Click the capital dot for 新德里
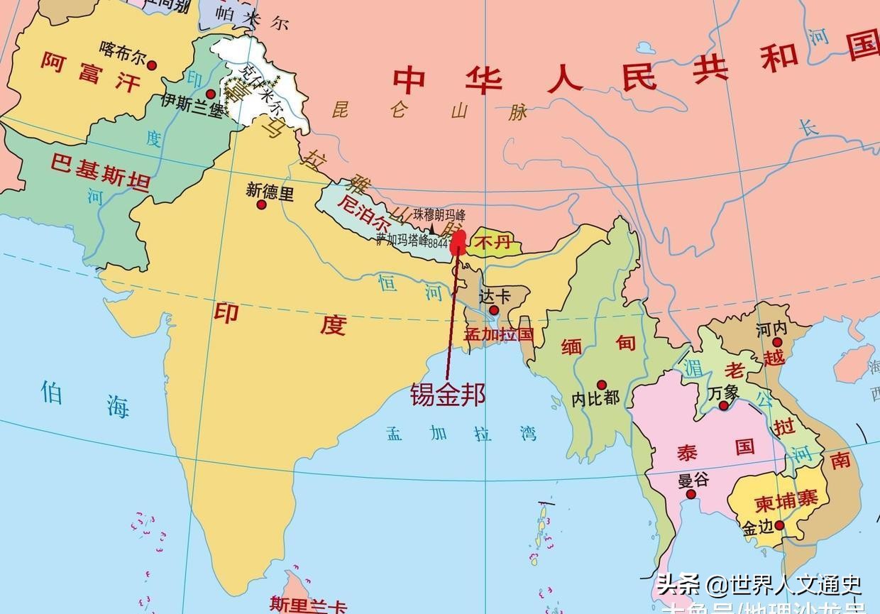click(x=261, y=205)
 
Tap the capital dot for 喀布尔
click(x=151, y=65)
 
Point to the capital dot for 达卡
click(x=494, y=310)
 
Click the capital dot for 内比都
click(x=602, y=384)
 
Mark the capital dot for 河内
click(x=777, y=342)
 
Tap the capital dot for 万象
click(x=723, y=405)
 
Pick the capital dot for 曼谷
click(x=691, y=493)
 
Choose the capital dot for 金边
click(x=779, y=525)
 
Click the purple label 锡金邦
click(x=448, y=395)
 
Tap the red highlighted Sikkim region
click(x=458, y=241)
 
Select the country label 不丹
click(x=493, y=243)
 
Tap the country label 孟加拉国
click(x=498, y=334)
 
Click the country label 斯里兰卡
click(x=309, y=605)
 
